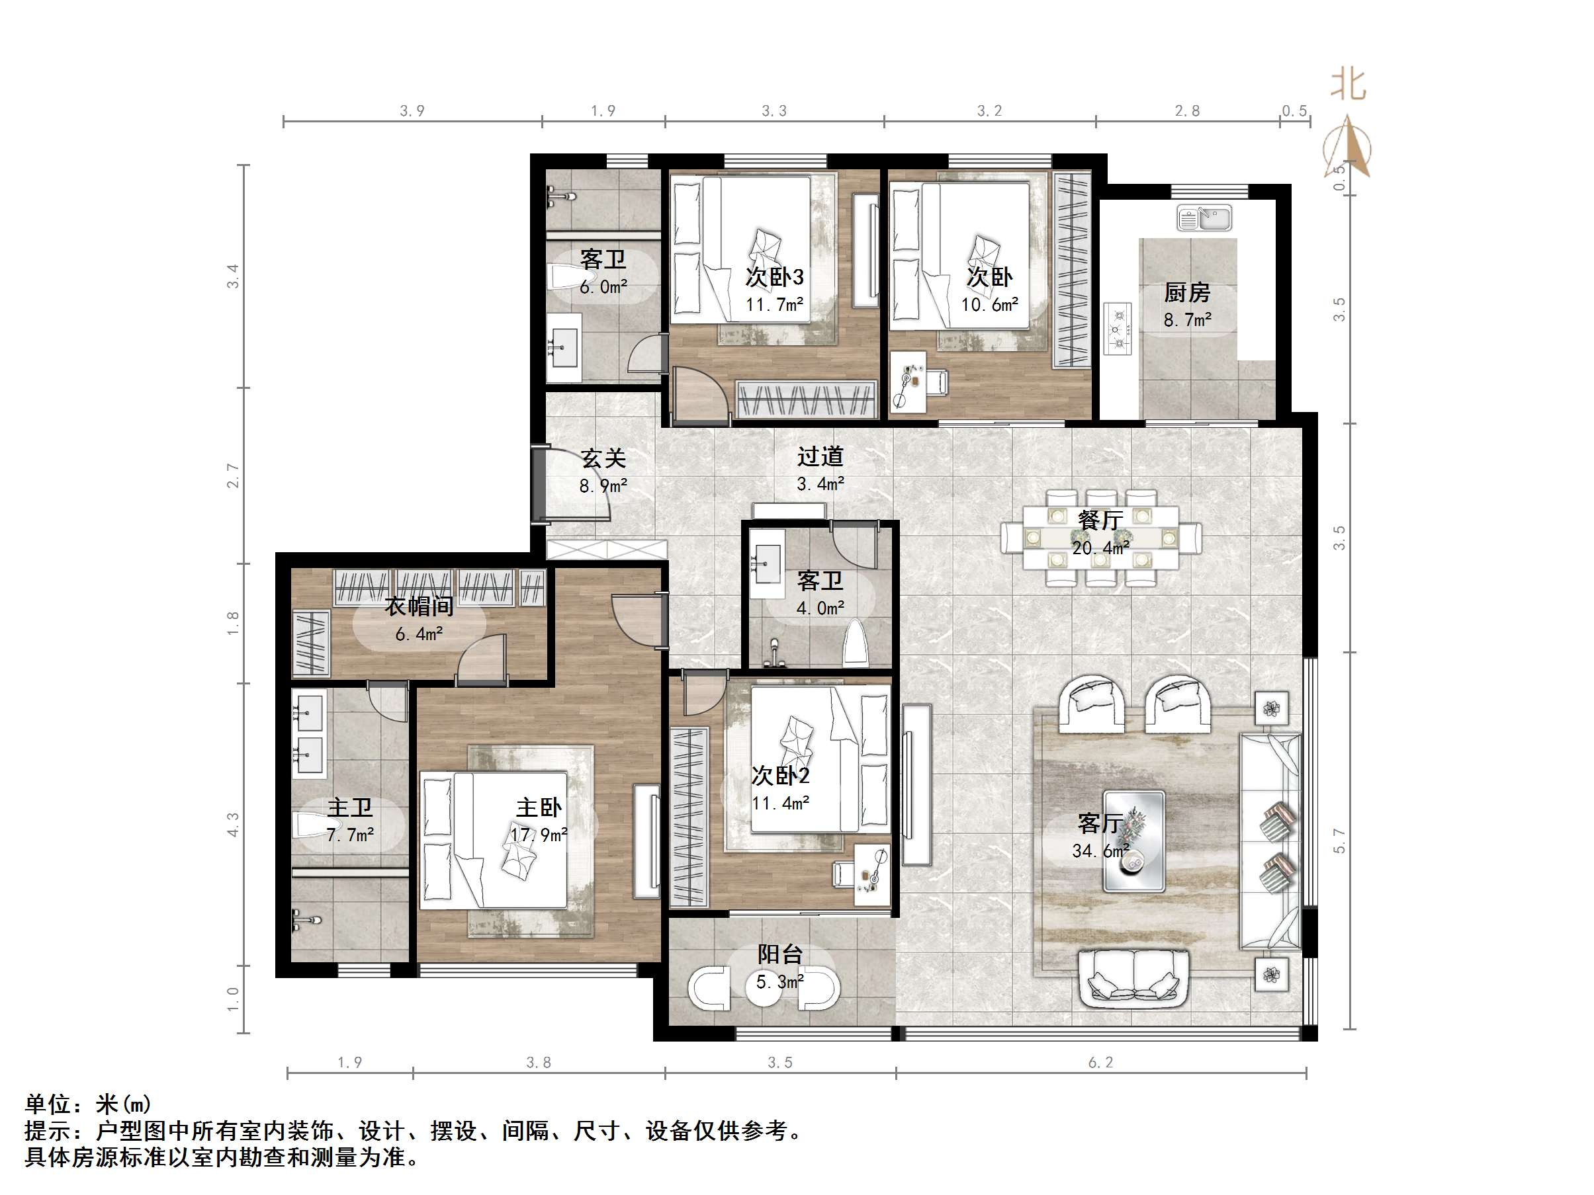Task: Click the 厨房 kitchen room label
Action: point(1187,292)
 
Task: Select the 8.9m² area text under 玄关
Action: point(603,486)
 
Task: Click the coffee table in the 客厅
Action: point(1134,841)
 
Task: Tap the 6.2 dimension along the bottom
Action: point(1100,1063)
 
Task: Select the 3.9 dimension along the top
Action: point(412,111)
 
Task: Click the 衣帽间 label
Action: point(419,606)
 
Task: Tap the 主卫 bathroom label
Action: point(350,807)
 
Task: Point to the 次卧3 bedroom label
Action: point(775,276)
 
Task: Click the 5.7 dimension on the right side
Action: point(1339,841)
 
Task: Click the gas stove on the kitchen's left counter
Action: point(1118,329)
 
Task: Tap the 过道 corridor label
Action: point(820,456)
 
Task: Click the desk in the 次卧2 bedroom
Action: point(872,874)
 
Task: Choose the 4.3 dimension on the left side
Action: point(233,824)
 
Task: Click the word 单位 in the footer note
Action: point(49,1104)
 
